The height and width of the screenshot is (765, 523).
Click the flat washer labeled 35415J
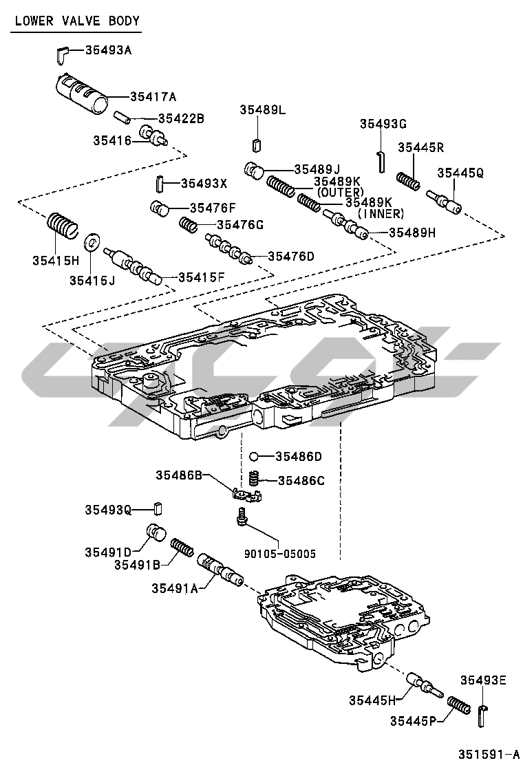tap(91, 243)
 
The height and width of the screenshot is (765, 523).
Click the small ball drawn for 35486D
tap(253, 456)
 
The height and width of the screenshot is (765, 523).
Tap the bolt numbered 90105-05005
tap(241, 516)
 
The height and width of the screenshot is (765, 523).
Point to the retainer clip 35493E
tap(482, 714)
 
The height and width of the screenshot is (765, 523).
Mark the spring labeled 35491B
tap(181, 547)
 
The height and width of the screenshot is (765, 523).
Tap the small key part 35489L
tap(257, 144)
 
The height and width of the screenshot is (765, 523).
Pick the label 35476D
tap(290, 257)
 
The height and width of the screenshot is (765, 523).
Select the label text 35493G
tap(383, 124)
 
